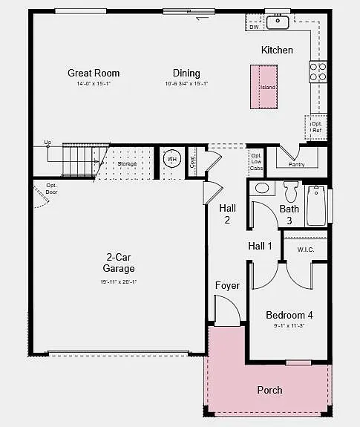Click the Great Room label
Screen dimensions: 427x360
pos(94,73)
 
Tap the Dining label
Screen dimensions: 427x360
pos(186,73)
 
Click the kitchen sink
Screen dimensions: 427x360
pos(278,22)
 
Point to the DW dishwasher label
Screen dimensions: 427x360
pos(254,27)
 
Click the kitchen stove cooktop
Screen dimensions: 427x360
pos(318,71)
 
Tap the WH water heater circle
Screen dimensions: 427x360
pos(171,160)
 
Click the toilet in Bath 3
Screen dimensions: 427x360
pos(290,192)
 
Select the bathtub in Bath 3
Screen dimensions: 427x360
pos(316,206)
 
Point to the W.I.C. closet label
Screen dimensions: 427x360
pos(306,250)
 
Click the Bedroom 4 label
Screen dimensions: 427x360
pos(289,315)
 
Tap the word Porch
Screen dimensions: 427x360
pos(269,390)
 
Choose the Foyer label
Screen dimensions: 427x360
pos(227,286)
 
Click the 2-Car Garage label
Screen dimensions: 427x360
pos(119,263)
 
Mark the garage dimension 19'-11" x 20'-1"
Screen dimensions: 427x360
pos(119,282)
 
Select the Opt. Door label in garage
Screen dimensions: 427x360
pos(52,189)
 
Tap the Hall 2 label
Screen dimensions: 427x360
pos(228,214)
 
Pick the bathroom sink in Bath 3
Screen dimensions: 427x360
pos(263,188)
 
